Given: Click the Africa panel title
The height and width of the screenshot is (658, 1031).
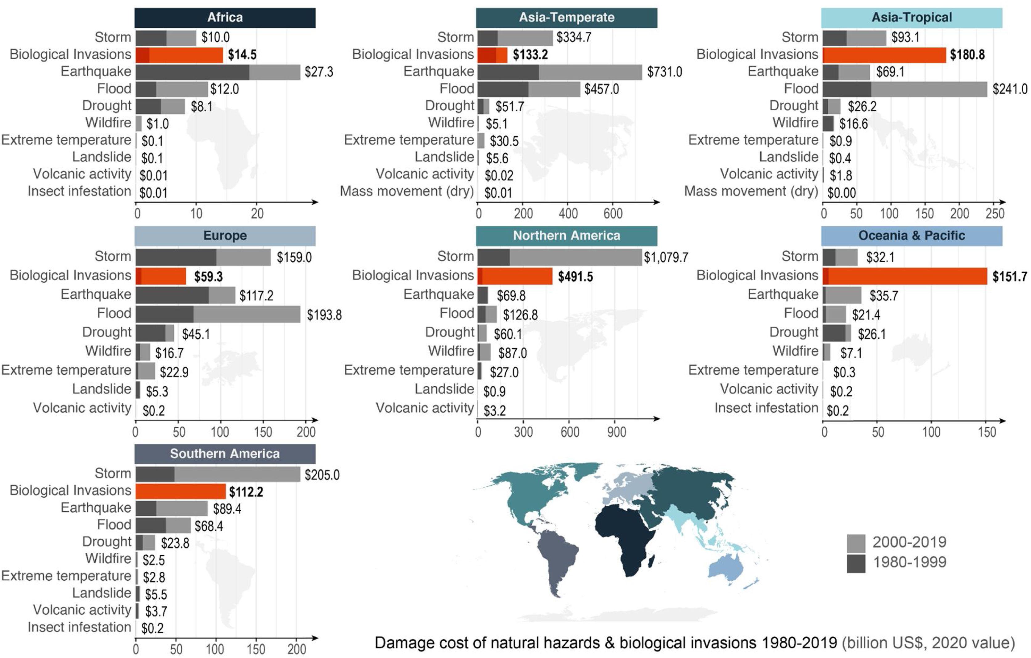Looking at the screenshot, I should [x=225, y=18].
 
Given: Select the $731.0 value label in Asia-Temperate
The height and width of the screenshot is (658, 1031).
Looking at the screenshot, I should [x=664, y=72].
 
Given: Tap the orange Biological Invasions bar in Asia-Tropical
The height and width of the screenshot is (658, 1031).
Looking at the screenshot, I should [x=884, y=55].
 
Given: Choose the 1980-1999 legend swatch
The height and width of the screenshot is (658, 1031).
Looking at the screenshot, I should [x=856, y=563].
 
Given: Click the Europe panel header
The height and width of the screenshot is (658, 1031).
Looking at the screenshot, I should [x=225, y=236].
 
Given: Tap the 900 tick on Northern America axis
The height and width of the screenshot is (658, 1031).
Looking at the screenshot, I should [x=616, y=432].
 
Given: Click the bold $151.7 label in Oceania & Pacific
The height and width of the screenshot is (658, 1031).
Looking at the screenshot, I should [x=1009, y=277].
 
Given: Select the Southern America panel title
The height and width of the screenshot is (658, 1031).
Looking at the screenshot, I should [x=225, y=454].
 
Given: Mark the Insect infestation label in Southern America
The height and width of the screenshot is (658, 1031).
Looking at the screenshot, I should [x=79, y=627].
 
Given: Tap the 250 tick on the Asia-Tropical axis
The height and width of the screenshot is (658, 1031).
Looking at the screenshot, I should [x=994, y=213].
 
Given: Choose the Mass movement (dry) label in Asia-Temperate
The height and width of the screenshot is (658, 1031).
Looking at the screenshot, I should [x=406, y=191].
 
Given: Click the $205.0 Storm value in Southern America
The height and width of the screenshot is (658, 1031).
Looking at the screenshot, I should [x=322, y=475].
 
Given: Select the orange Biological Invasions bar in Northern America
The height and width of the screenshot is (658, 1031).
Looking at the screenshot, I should [x=515, y=276].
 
